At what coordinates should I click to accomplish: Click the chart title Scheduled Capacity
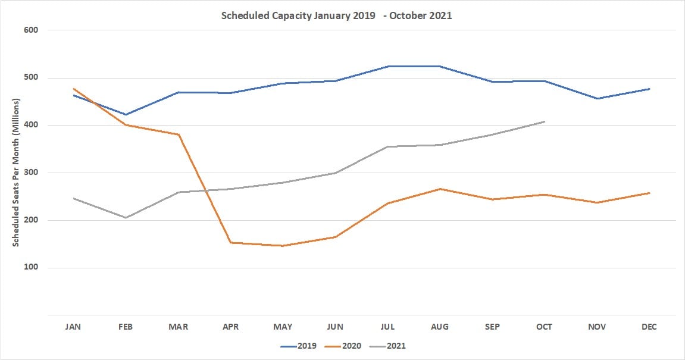[336, 16]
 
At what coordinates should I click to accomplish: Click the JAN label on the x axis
[74, 327]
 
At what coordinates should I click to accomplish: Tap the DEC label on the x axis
[649, 327]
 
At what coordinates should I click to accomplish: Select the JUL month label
[387, 327]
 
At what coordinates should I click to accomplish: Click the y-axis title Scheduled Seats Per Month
[17, 173]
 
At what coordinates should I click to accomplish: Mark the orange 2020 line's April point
[231, 243]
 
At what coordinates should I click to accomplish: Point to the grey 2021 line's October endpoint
[544, 121]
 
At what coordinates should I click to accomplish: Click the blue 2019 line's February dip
[126, 114]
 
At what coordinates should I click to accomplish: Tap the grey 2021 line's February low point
[126, 218]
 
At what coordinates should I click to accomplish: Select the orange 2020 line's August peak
[440, 189]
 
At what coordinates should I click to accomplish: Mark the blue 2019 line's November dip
[597, 99]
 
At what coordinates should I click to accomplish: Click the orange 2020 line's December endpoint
[649, 193]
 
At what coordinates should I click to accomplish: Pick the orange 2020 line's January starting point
[74, 89]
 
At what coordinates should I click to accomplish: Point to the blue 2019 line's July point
[387, 66]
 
